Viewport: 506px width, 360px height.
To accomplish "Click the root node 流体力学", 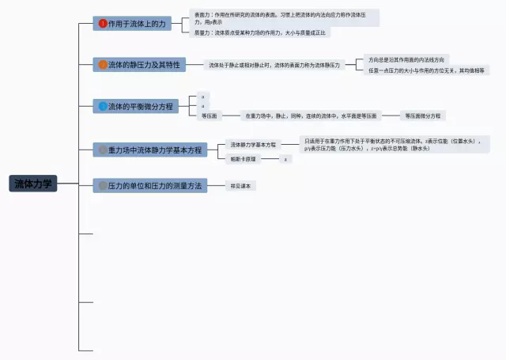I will pyautogui.click(x=32, y=184).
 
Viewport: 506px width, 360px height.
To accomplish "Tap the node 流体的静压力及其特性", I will pyautogui.click(x=138, y=65).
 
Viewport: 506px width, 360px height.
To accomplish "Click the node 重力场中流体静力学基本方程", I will pyautogui.click(x=149, y=149).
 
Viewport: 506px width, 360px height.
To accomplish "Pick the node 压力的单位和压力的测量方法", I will pyautogui.click(x=149, y=185).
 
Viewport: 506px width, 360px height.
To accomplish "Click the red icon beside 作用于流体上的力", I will pyautogui.click(x=102, y=24).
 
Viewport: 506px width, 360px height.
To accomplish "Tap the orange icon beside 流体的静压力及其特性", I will pyautogui.click(x=102, y=65).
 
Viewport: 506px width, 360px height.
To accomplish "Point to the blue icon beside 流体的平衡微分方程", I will pyautogui.click(x=102, y=105).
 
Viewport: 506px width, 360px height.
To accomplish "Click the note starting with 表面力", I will pyautogui.click(x=285, y=17).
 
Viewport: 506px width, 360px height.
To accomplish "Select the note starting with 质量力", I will pyautogui.click(x=261, y=33).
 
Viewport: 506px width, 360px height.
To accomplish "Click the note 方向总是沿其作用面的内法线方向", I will pyautogui.click(x=406, y=59).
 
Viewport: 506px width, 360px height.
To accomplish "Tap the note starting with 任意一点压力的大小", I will pyautogui.click(x=427, y=70).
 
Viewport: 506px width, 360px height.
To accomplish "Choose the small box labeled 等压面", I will pyautogui.click(x=210, y=116).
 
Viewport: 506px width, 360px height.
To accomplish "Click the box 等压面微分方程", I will pyautogui.click(x=422, y=116).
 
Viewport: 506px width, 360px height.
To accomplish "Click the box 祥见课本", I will pyautogui.click(x=240, y=186).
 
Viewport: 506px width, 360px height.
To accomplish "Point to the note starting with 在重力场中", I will pyautogui.click(x=312, y=116).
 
